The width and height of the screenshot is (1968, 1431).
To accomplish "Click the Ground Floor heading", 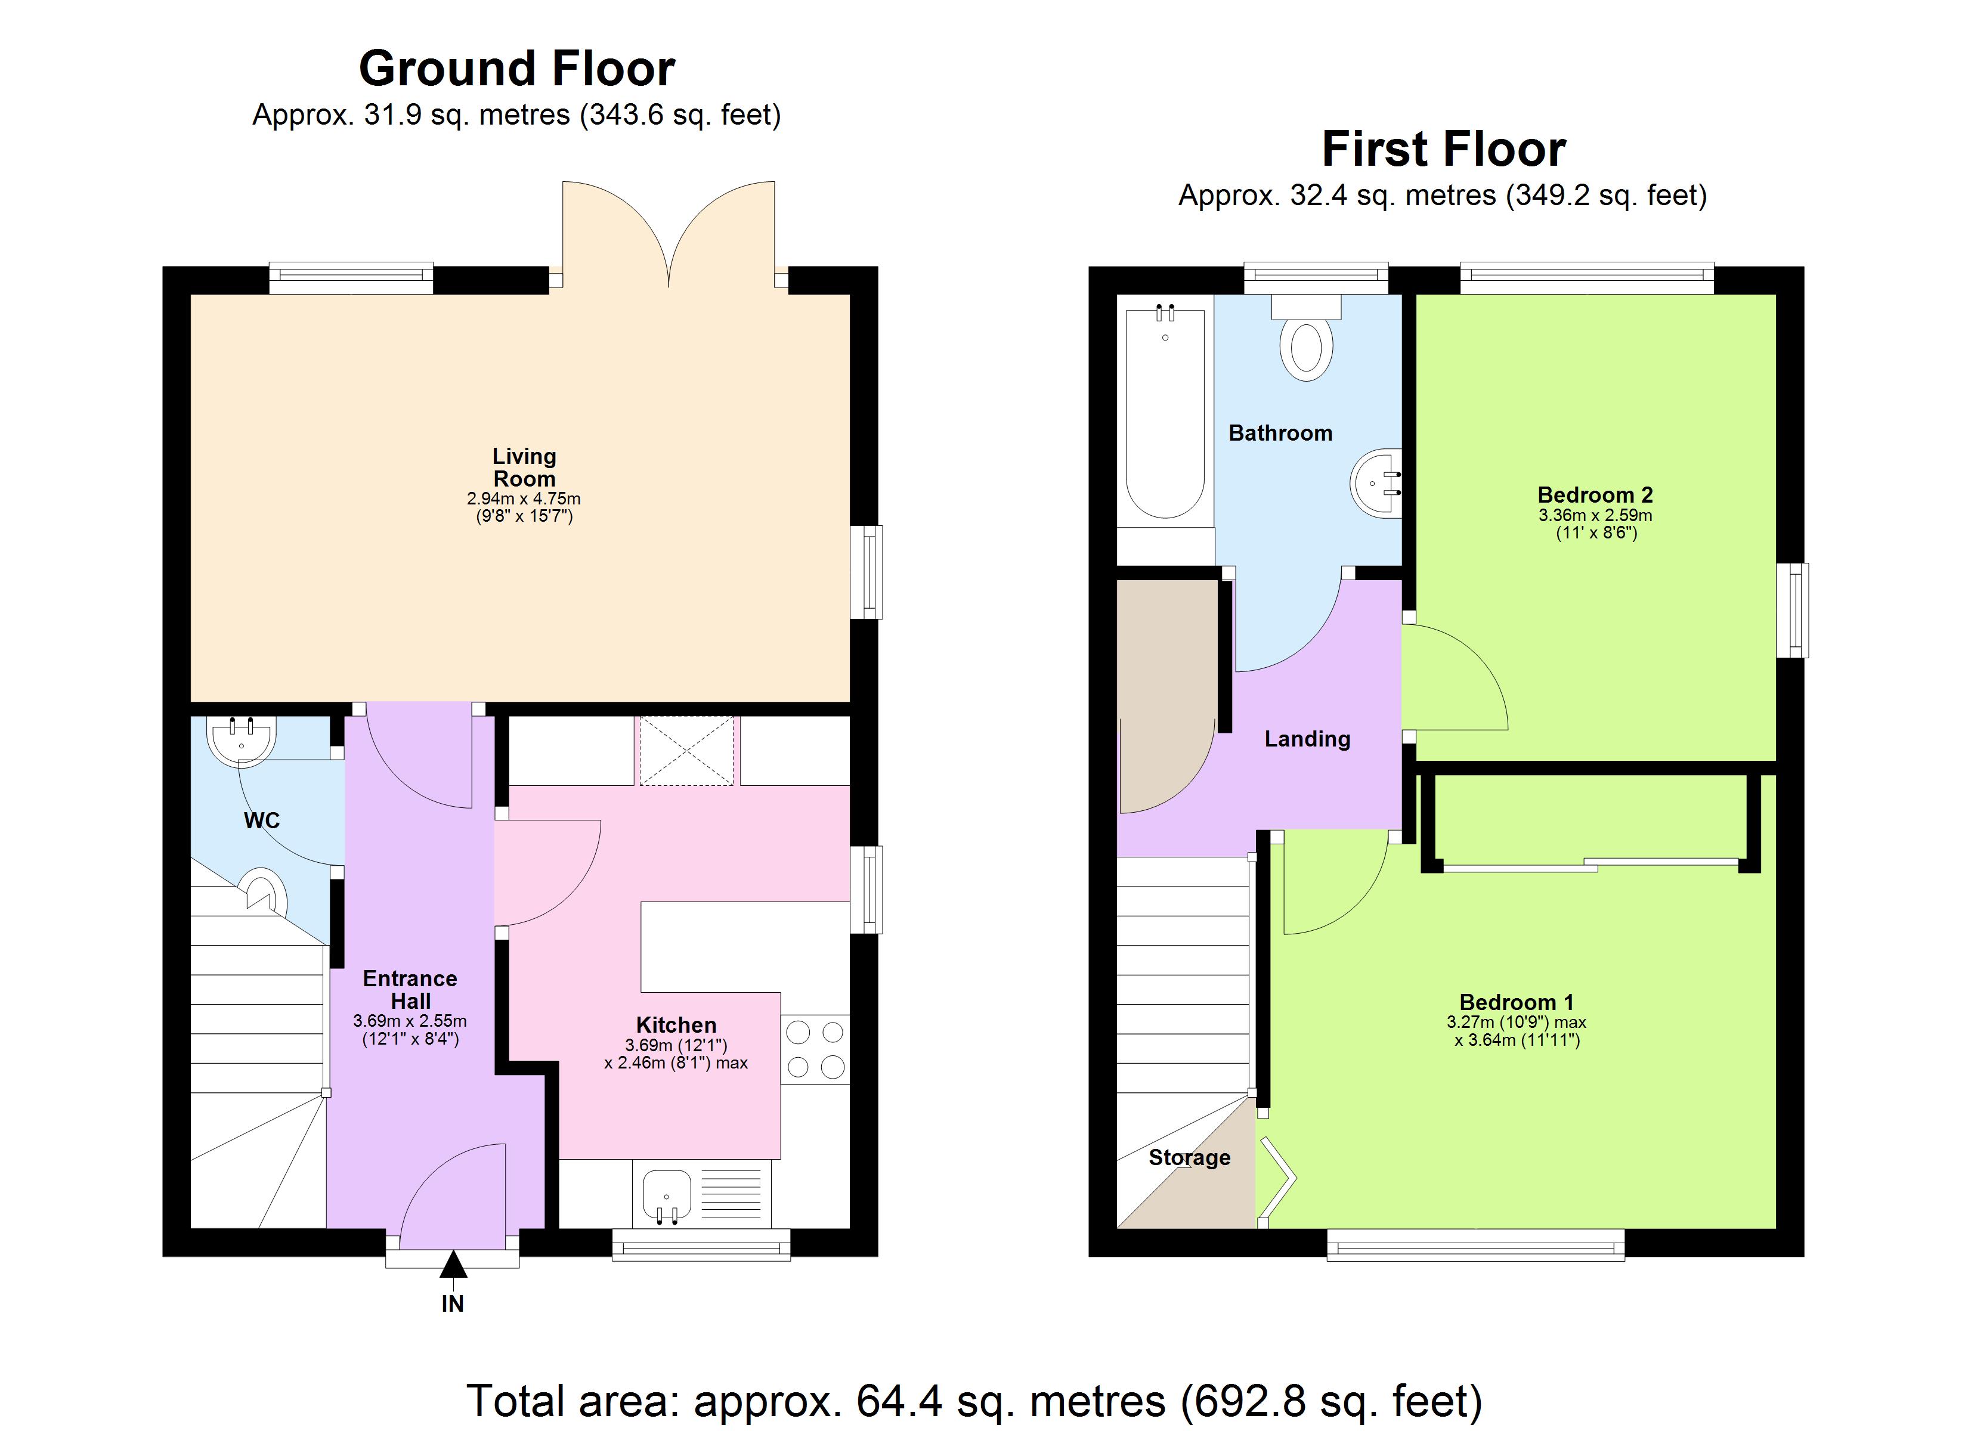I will click(x=516, y=69).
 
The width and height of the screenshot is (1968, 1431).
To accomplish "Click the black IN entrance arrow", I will click(x=453, y=1265).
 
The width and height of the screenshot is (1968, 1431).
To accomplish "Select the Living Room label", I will click(x=524, y=467).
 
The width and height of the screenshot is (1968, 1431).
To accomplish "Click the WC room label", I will click(x=261, y=820).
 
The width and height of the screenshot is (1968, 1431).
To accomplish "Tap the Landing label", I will click(x=1307, y=739).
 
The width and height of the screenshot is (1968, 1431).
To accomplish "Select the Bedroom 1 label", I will click(x=1516, y=1002).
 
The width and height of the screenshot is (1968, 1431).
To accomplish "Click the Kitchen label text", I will click(x=676, y=1025).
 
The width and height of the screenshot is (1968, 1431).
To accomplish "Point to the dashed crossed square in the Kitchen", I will click(x=686, y=751).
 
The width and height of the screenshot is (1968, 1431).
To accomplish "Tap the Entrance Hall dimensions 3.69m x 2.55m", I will click(x=410, y=1021).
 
